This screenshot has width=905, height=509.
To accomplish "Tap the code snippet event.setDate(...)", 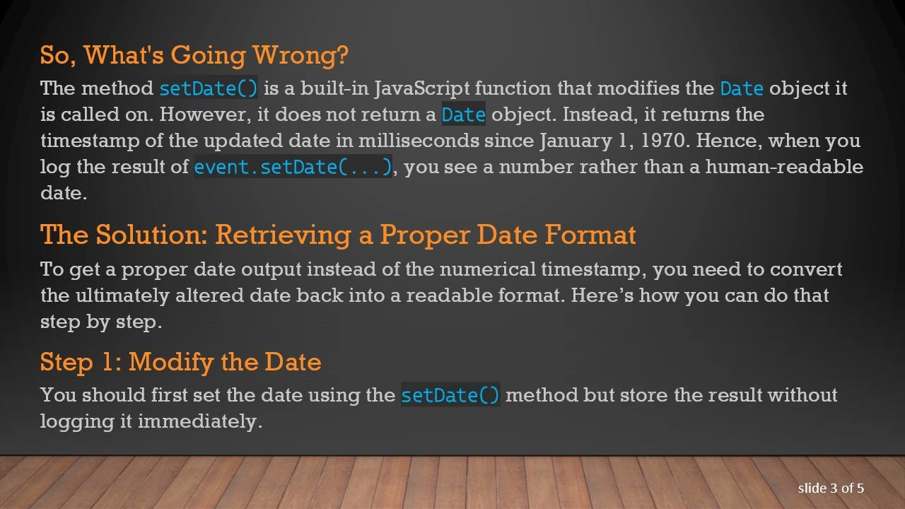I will click(293, 167).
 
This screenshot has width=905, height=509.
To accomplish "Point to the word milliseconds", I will click(418, 140).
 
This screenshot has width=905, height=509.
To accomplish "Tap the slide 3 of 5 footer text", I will click(831, 488).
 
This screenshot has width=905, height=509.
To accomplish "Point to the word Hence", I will click(728, 140).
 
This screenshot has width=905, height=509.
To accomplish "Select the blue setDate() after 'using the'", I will click(450, 395).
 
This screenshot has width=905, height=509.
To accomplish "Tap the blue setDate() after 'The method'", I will click(209, 88).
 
